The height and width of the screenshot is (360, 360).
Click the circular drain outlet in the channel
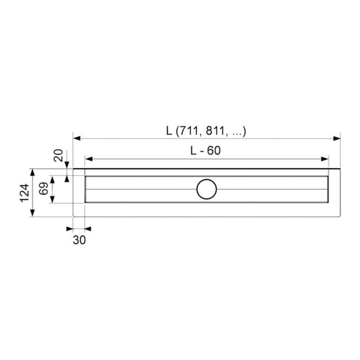coord(207,189)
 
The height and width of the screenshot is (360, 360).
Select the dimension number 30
coord(79,240)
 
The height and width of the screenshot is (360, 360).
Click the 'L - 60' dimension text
coord(206,150)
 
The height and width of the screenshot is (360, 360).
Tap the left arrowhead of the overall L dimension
coord(77,138)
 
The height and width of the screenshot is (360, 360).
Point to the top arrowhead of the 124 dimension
coord(33,172)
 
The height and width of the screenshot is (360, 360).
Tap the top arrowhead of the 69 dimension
coord(51,178)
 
